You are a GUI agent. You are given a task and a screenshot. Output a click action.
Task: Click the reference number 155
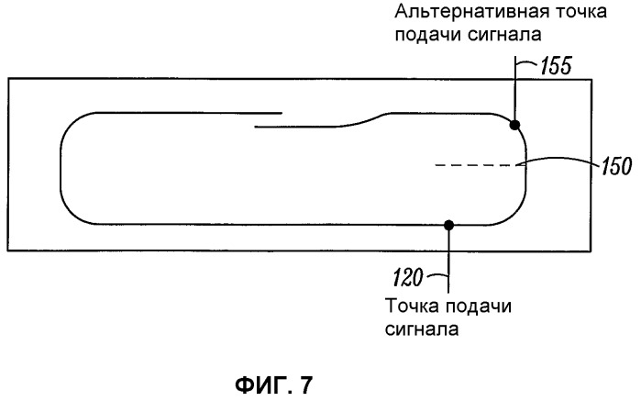(x=556, y=65)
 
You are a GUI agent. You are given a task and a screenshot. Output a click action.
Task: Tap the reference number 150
(x=616, y=166)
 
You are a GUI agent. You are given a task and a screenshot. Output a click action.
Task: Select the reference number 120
(x=407, y=278)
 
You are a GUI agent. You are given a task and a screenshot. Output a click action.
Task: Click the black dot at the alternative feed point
(x=514, y=125)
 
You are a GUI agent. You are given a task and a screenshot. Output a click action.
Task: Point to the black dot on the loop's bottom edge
(x=448, y=225)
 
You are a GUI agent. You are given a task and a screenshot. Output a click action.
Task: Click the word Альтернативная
(x=471, y=11)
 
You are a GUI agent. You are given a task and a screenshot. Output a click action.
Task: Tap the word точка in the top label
(x=580, y=12)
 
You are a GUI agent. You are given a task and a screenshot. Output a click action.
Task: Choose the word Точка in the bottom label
(x=413, y=306)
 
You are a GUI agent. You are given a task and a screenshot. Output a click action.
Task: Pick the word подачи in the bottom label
(x=479, y=306)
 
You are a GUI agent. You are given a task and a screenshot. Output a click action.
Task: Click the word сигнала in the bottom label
(x=422, y=329)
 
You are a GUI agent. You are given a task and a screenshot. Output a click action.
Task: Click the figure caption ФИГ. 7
(x=274, y=384)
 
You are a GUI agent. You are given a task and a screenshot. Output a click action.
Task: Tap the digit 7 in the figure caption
(x=306, y=384)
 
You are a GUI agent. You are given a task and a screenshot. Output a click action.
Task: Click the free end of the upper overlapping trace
(x=282, y=113)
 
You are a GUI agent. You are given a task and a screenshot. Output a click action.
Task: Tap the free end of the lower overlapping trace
(x=255, y=127)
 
